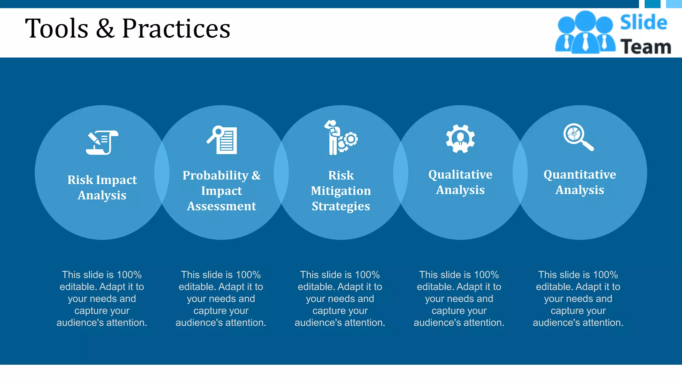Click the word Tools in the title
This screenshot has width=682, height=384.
click(x=57, y=29)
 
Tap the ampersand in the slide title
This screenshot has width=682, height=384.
click(x=105, y=29)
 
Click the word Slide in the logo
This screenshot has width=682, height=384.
click(x=643, y=23)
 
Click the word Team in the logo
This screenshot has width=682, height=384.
click(x=645, y=47)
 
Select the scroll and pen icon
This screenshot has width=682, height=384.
click(x=102, y=142)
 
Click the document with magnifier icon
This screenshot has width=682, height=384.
click(x=222, y=140)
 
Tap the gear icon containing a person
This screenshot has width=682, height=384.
click(x=460, y=139)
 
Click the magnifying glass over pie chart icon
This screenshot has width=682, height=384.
click(x=578, y=137)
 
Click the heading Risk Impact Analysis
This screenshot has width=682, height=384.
click(x=102, y=187)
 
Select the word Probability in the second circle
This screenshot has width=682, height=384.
click(x=215, y=175)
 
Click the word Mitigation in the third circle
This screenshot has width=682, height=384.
click(x=341, y=191)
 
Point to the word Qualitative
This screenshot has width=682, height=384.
click(x=460, y=174)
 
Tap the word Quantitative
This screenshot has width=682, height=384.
click(x=579, y=174)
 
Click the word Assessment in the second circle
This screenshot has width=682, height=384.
click(x=221, y=206)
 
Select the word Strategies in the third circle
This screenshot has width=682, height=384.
click(x=341, y=206)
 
